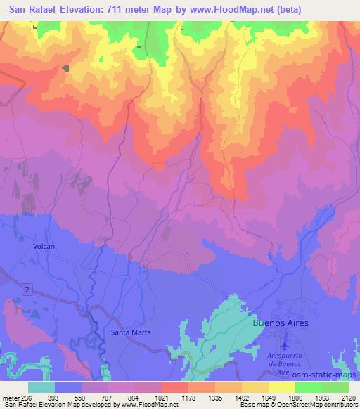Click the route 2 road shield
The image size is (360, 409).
point(27,289)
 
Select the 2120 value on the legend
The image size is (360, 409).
point(348,398)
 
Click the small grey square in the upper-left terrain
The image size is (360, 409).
point(65,68)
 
